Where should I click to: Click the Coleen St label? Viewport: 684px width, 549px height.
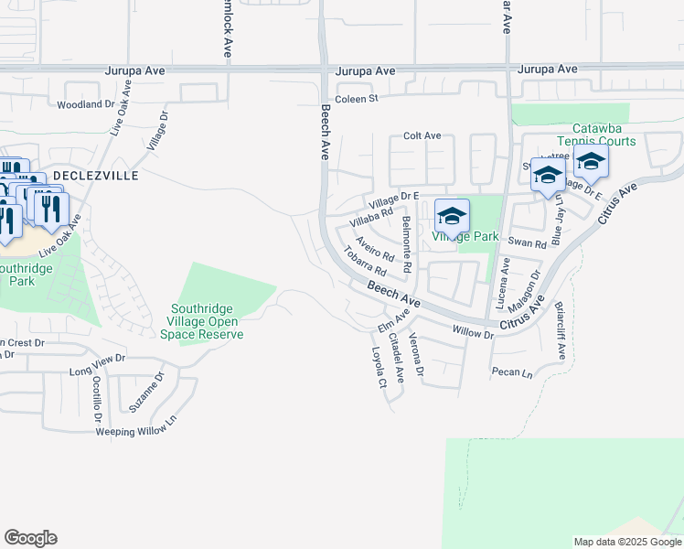[x=356, y=98]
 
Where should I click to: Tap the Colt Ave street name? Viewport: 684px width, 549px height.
[x=422, y=136]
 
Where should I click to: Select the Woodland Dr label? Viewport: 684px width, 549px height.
[x=85, y=105]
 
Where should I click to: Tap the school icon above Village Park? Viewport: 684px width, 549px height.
[x=452, y=216]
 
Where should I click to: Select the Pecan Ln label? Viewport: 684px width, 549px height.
[x=511, y=373]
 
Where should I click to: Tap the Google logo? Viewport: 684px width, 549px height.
[x=30, y=538]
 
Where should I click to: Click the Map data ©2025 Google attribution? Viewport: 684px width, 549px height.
[x=626, y=542]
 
